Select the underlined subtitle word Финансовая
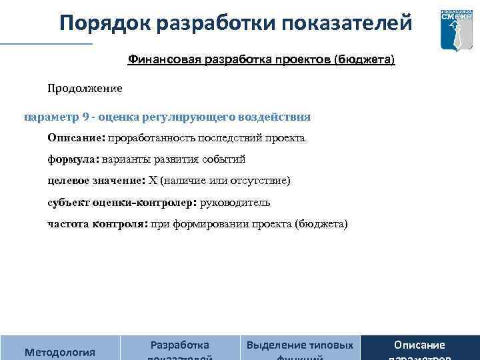coord(159,60)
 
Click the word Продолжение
coord(85,87)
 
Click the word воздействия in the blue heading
coord(278,117)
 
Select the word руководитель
coord(235,202)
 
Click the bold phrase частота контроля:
coord(97,223)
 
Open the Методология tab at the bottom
coord(59,351)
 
